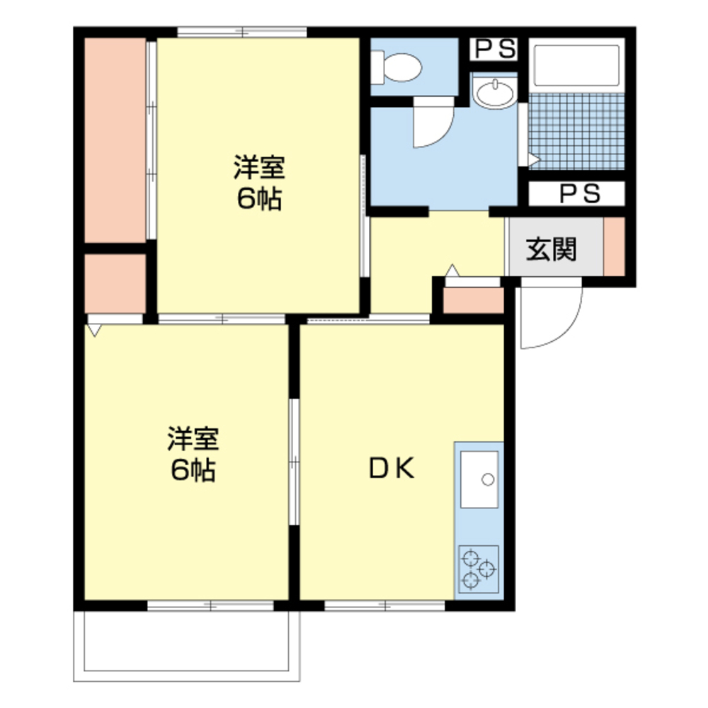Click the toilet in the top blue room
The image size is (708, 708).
pyautogui.click(x=400, y=68)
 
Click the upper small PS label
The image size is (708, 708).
pyautogui.click(x=495, y=49)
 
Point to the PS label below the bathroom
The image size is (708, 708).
pyautogui.click(x=579, y=193)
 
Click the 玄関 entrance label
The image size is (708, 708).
pyautogui.click(x=551, y=249)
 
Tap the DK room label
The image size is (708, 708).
pyautogui.click(x=390, y=468)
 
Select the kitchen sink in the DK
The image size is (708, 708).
pyautogui.click(x=479, y=479)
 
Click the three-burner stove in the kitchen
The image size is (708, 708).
pyautogui.click(x=479, y=569)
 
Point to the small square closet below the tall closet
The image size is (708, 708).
pyautogui.click(x=115, y=283)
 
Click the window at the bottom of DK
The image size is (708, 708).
pyautogui.click(x=385, y=605)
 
